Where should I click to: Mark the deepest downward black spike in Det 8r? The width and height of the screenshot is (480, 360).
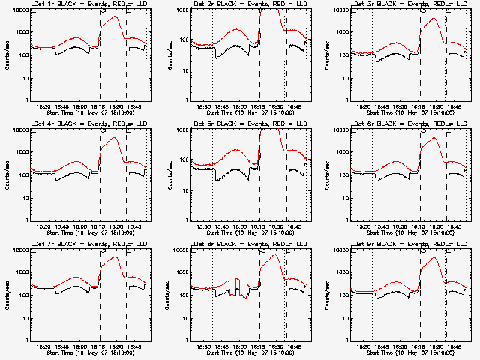coord(247,308)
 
